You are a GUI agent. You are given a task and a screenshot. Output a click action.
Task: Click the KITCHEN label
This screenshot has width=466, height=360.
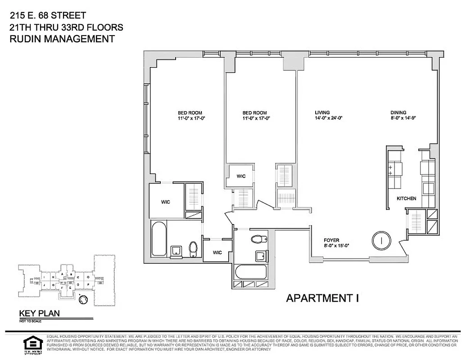coord(406,198)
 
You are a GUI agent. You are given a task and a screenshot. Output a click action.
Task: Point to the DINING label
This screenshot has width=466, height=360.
coord(398,112)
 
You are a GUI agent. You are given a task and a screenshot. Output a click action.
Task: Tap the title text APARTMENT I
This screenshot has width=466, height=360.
coord(322,297)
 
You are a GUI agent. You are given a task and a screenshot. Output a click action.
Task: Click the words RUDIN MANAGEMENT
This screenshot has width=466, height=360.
coord(62,39)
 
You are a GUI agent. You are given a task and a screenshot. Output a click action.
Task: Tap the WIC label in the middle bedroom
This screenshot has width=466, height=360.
coord(241,176)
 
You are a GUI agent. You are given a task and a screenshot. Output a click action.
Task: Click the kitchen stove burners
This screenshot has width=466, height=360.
coord(390,169)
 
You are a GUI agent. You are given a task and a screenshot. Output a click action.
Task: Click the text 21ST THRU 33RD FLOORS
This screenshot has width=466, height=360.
coord(66,27)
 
